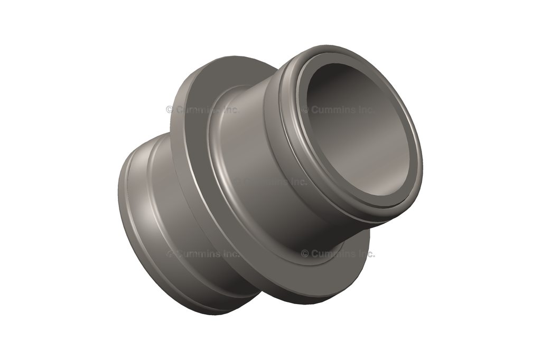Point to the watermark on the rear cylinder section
[x=203, y=253]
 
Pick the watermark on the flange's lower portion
[x=338, y=253]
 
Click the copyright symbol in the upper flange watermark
[x=170, y=110]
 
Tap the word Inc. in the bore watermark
[x=365, y=110]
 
